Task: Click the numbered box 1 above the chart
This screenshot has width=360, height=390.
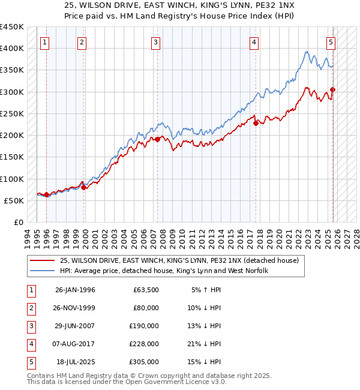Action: (x=46, y=42)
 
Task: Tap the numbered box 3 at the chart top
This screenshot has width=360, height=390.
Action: (x=155, y=42)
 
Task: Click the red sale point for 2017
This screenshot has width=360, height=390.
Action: (x=256, y=124)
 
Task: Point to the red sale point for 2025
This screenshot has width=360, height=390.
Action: (x=332, y=90)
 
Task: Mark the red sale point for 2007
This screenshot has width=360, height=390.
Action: (x=158, y=139)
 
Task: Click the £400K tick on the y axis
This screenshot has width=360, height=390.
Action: (x=11, y=49)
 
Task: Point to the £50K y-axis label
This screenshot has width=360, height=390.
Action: (x=13, y=200)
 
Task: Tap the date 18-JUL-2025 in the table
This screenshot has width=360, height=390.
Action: (x=75, y=362)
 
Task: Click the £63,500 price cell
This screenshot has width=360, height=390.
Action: (x=146, y=290)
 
